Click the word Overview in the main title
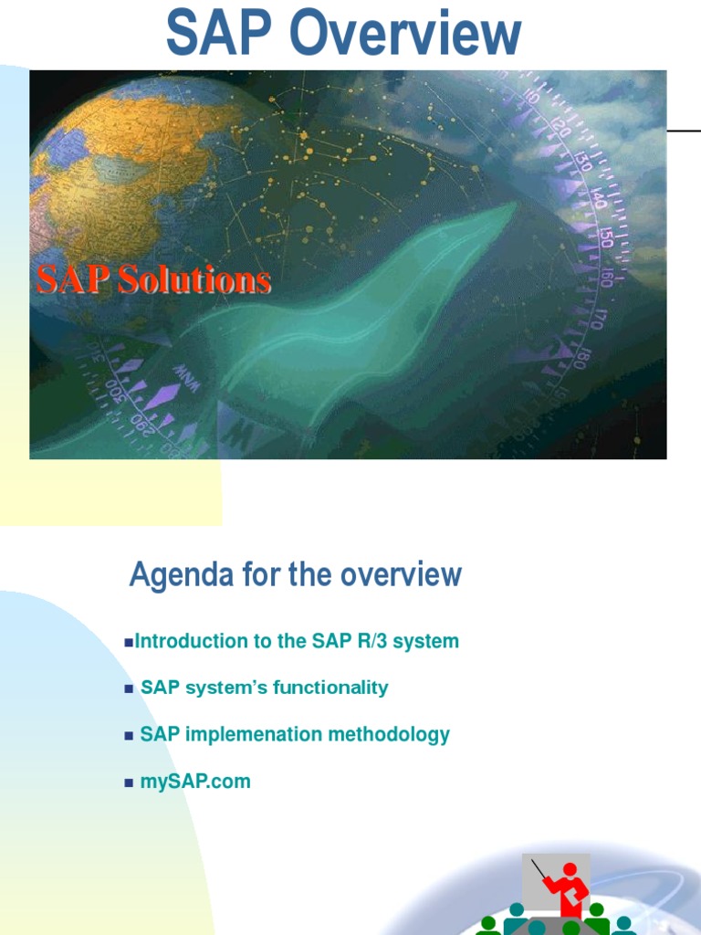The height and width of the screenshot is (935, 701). pyautogui.click(x=406, y=35)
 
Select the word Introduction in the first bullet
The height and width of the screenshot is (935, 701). pyautogui.click(x=191, y=642)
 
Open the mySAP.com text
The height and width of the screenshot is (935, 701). pyautogui.click(x=195, y=782)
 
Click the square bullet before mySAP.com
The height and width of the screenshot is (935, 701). pyautogui.click(x=129, y=783)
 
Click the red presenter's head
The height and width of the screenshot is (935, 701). pyautogui.click(x=570, y=869)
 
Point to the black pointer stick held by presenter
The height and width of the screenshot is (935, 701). pyautogui.click(x=539, y=870)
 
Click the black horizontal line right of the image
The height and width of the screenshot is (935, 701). pyautogui.click(x=684, y=131)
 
